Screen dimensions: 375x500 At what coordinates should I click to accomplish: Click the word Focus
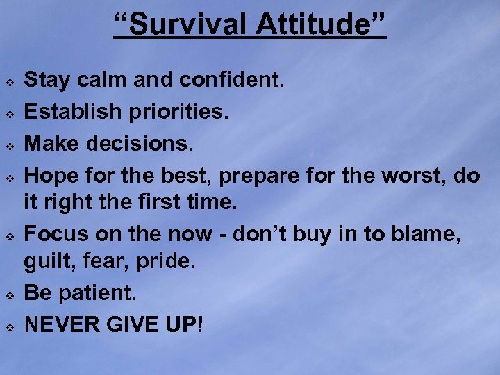[x=56, y=235]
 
